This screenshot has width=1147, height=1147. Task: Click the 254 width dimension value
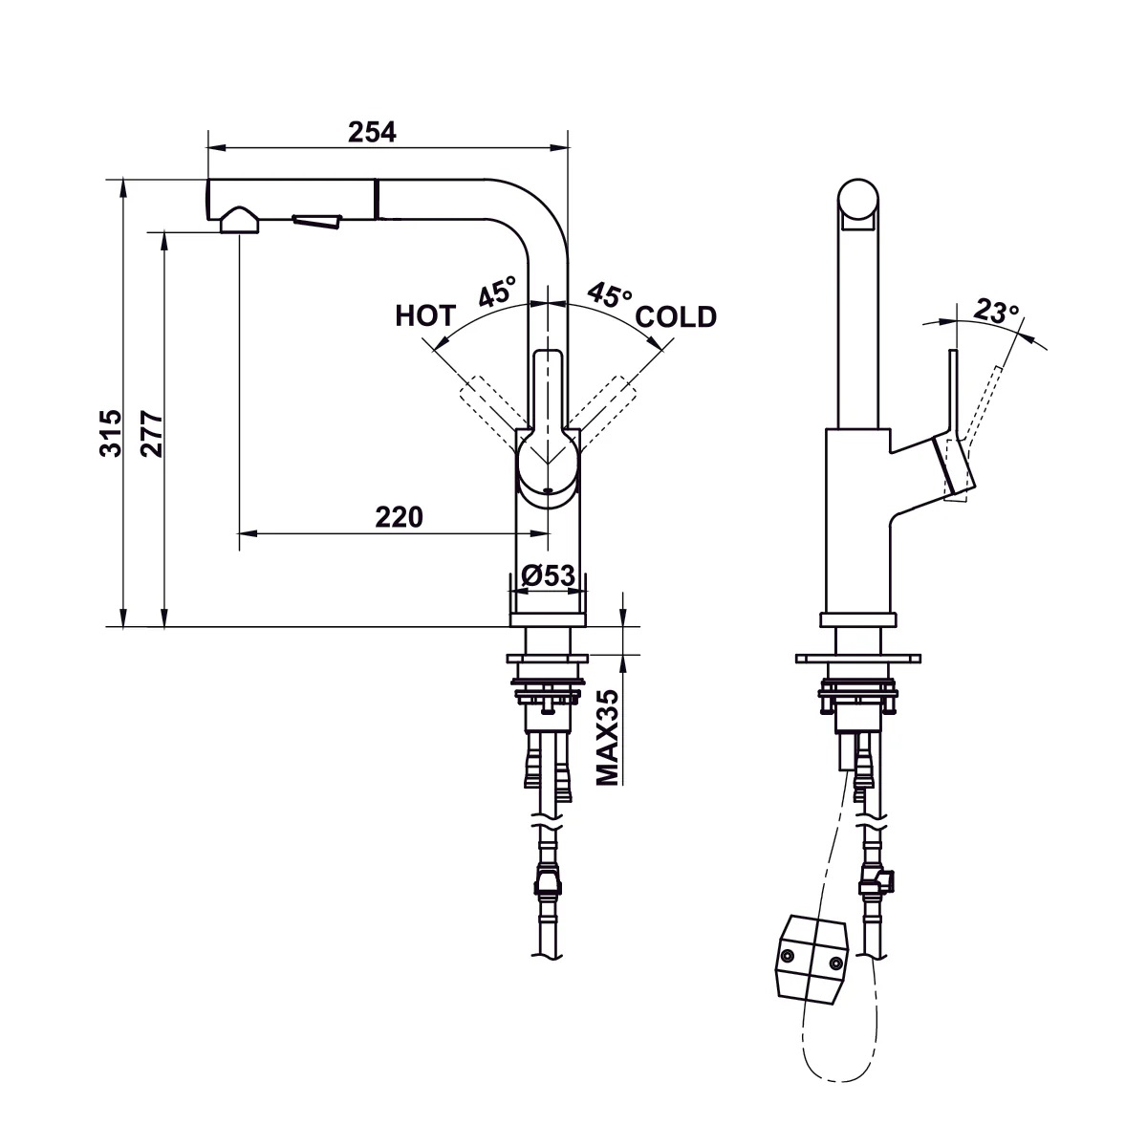pos(372,132)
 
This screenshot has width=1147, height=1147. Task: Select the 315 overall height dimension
pos(111,432)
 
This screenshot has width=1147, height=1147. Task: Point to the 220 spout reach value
pos(398,517)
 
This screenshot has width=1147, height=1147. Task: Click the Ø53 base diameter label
pos(548,575)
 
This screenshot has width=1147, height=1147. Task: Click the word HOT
pos(425,316)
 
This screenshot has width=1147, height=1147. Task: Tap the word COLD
pos(676,316)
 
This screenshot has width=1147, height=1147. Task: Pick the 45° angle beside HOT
pos(497,291)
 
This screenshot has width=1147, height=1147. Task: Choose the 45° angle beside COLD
pos(609,294)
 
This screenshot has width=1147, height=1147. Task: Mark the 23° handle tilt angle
pos(996,311)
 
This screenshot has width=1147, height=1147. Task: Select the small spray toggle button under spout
pos(316,222)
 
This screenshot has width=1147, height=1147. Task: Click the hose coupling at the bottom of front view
pos(548,879)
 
